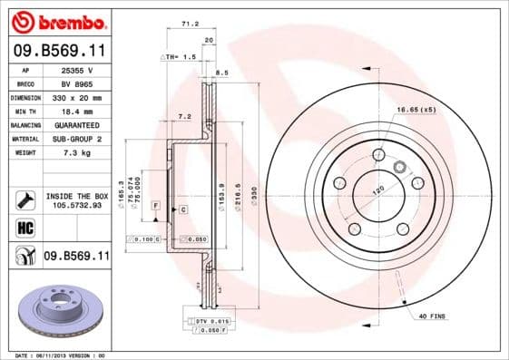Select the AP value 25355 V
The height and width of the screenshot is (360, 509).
pos(78,70)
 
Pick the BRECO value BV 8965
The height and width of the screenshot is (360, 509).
pos(78,83)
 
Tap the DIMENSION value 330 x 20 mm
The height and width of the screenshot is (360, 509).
pos(78,97)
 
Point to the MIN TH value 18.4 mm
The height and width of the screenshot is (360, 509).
pos(78,111)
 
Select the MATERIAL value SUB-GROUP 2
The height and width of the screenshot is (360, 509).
pos(78,139)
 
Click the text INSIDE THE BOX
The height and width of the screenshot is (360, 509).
pos(77,196)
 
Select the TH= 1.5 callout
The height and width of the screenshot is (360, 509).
pos(180,56)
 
